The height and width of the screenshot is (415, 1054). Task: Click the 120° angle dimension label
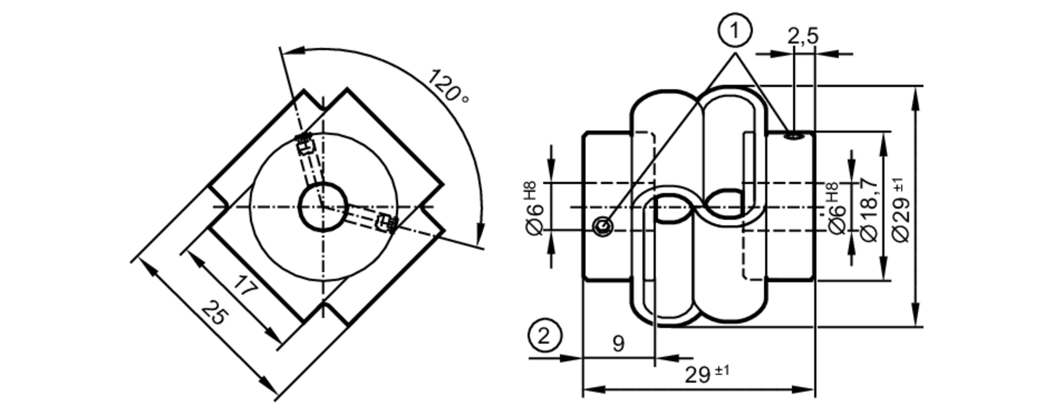(447, 85)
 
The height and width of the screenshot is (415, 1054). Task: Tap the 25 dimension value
(216, 313)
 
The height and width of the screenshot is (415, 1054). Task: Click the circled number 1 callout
(735, 31)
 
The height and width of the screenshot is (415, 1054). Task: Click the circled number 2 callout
(544, 335)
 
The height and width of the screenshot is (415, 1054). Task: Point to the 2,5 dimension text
(803, 36)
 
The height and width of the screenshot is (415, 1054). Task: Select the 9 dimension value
(618, 344)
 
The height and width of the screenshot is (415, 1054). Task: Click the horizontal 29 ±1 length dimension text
(707, 374)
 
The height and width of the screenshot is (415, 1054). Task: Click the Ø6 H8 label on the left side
(534, 209)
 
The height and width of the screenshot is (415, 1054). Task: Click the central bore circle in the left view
(323, 207)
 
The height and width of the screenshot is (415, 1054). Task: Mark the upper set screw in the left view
(305, 144)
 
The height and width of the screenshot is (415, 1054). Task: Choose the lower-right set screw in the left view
(385, 223)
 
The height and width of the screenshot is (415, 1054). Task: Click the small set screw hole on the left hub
(602, 227)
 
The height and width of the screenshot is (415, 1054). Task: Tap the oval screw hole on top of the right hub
(793, 137)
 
